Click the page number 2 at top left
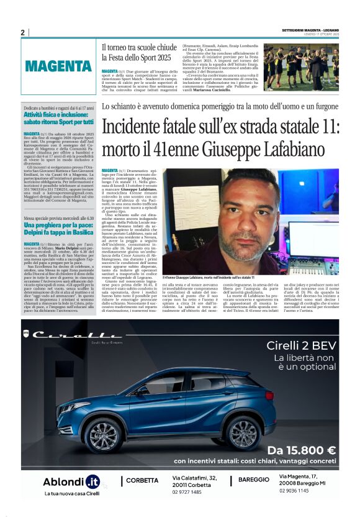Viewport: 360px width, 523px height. (23, 33)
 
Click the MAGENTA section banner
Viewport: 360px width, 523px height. (58, 65)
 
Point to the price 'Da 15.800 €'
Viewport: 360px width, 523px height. (302, 450)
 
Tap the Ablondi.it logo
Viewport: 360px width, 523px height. (71, 481)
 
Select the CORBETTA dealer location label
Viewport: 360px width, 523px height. (142, 480)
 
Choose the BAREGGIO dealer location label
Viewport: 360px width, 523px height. (253, 480)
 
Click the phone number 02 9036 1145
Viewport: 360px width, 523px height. (294, 491)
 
